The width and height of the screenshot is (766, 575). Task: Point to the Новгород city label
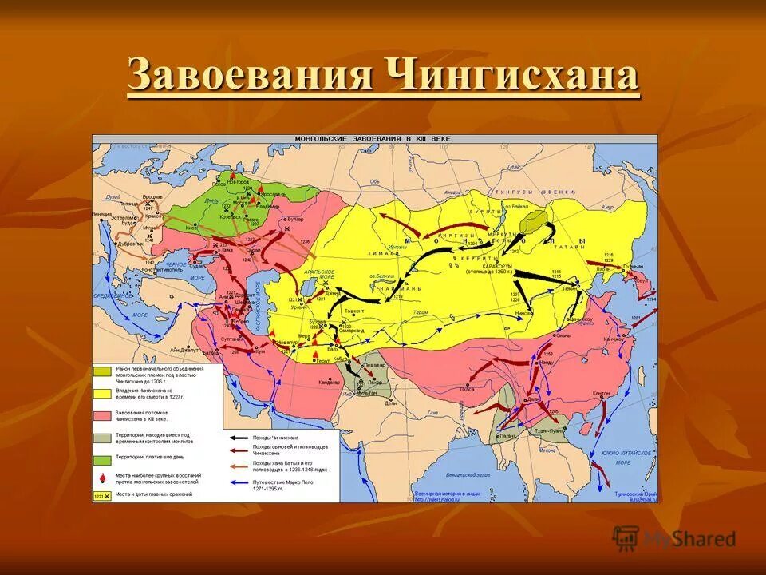pos(239,182)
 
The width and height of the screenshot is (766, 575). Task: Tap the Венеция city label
pos(102,213)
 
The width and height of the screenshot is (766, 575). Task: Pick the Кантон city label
pos(602,394)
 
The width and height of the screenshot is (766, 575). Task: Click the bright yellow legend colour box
pos(101,393)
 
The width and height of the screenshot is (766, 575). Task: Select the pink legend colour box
pos(101,416)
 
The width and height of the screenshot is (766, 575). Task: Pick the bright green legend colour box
pos(101,458)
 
